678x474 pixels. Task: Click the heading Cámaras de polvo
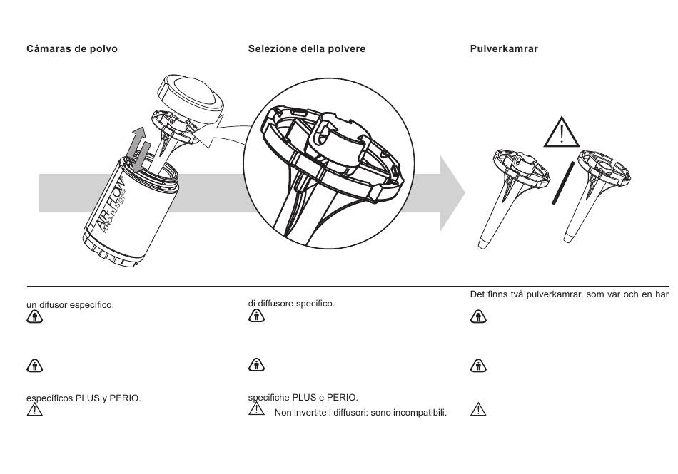(72, 49)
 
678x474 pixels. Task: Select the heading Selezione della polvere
(307, 49)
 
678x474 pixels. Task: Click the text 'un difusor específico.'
(70, 305)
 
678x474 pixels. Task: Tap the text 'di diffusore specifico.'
(291, 304)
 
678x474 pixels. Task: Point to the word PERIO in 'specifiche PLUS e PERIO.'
(343, 397)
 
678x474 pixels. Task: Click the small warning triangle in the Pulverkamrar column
(477, 409)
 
